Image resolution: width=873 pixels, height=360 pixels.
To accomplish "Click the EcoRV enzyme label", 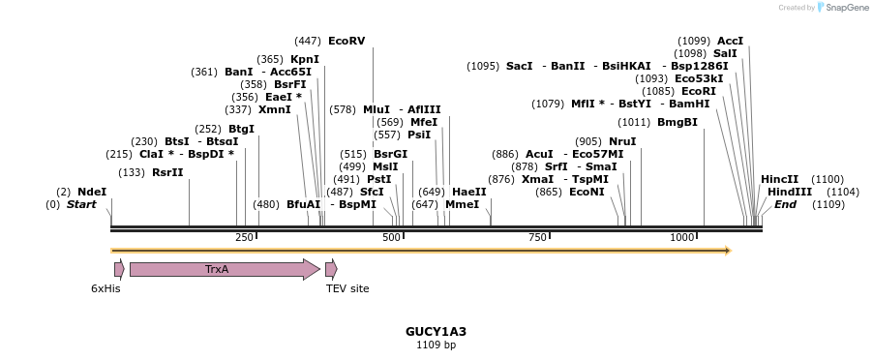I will tap(346, 41).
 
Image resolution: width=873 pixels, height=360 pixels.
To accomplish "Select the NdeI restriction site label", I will tap(92, 192).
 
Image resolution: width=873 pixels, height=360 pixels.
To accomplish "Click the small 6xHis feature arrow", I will tap(119, 269).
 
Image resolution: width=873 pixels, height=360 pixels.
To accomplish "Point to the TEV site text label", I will tap(347, 288).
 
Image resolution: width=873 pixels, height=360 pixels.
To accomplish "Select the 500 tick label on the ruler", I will tap(391, 237).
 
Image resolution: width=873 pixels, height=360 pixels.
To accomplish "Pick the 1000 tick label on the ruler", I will tap(682, 237).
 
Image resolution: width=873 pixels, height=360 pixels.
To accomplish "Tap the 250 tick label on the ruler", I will tap(244, 237).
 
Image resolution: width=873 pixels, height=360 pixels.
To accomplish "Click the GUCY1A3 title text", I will tap(436, 331).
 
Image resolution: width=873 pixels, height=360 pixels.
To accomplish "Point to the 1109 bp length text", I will tap(436, 345).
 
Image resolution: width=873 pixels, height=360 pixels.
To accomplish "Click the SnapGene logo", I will tap(842, 8).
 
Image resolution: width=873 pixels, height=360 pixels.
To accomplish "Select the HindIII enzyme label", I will tap(790, 192).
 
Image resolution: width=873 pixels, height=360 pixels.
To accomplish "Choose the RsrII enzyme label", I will tap(167, 172).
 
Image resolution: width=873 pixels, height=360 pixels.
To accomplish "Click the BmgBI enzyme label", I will tap(677, 122).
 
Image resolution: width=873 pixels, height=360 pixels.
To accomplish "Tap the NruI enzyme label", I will tap(622, 141).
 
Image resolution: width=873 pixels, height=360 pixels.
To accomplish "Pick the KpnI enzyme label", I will tap(305, 59).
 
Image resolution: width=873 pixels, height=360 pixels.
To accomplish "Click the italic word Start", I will tap(81, 204).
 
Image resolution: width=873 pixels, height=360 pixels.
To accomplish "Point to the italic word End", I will tap(785, 204).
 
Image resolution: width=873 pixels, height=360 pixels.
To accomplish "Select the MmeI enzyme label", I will tap(463, 204).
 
